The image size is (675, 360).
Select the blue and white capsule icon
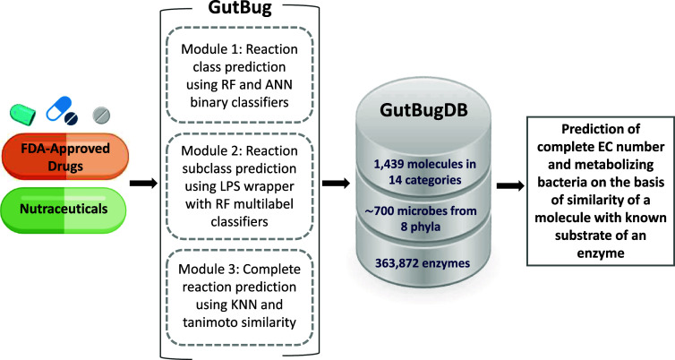62,116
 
